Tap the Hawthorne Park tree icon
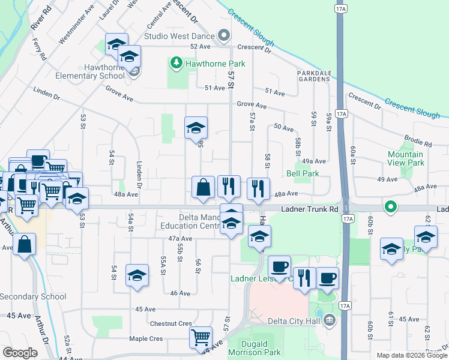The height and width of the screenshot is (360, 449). [176, 62]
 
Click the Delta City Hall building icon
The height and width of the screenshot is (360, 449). [328, 320]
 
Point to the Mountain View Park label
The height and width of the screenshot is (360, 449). [406, 158]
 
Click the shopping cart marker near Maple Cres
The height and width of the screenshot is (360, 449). [200, 337]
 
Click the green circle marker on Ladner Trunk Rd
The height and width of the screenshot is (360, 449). [391, 208]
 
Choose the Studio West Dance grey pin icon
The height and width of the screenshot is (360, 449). [223, 37]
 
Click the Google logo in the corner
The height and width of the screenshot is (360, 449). [20, 353]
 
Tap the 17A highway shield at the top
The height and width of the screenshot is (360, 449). [341, 9]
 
